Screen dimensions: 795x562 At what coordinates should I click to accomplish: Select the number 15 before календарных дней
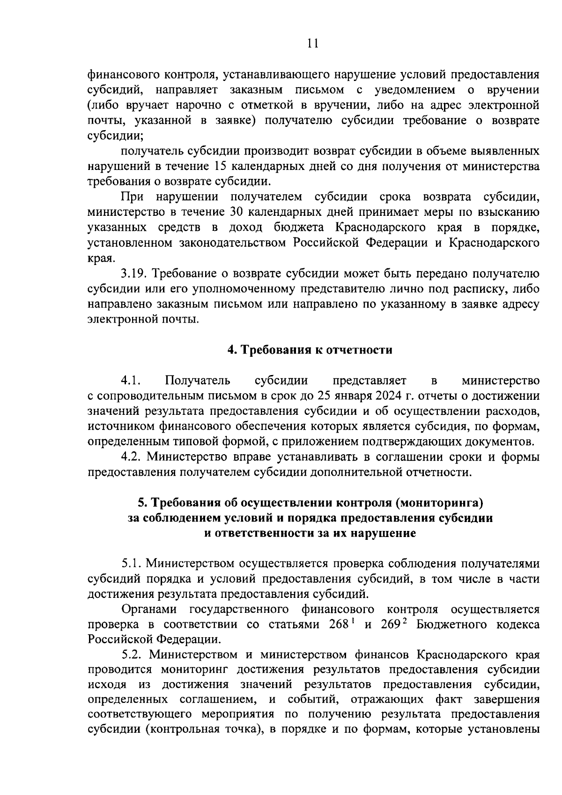click(222, 166)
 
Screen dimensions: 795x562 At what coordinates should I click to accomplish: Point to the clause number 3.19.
click(135, 273)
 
